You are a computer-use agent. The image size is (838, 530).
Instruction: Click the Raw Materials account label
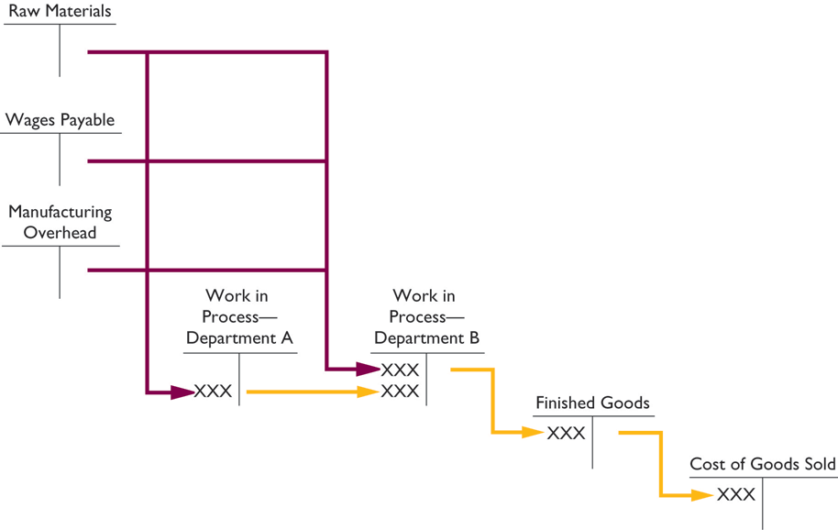(x=60, y=12)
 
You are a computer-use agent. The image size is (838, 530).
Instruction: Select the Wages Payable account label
(x=61, y=120)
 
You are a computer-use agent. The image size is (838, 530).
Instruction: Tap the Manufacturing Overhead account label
(x=60, y=222)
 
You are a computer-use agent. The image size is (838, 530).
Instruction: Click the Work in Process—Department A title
(x=238, y=316)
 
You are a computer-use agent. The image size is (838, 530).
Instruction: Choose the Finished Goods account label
(x=592, y=403)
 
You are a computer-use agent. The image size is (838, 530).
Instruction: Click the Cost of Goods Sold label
(x=763, y=465)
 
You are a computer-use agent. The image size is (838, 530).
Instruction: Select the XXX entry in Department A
(x=214, y=392)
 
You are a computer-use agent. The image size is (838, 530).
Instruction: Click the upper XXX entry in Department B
(x=401, y=370)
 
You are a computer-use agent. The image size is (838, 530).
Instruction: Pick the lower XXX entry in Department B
(x=401, y=392)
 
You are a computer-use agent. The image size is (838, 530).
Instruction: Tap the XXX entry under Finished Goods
(x=566, y=434)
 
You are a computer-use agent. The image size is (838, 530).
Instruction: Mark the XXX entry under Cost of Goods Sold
(x=736, y=495)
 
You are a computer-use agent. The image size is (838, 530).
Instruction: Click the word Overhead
(x=60, y=233)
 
